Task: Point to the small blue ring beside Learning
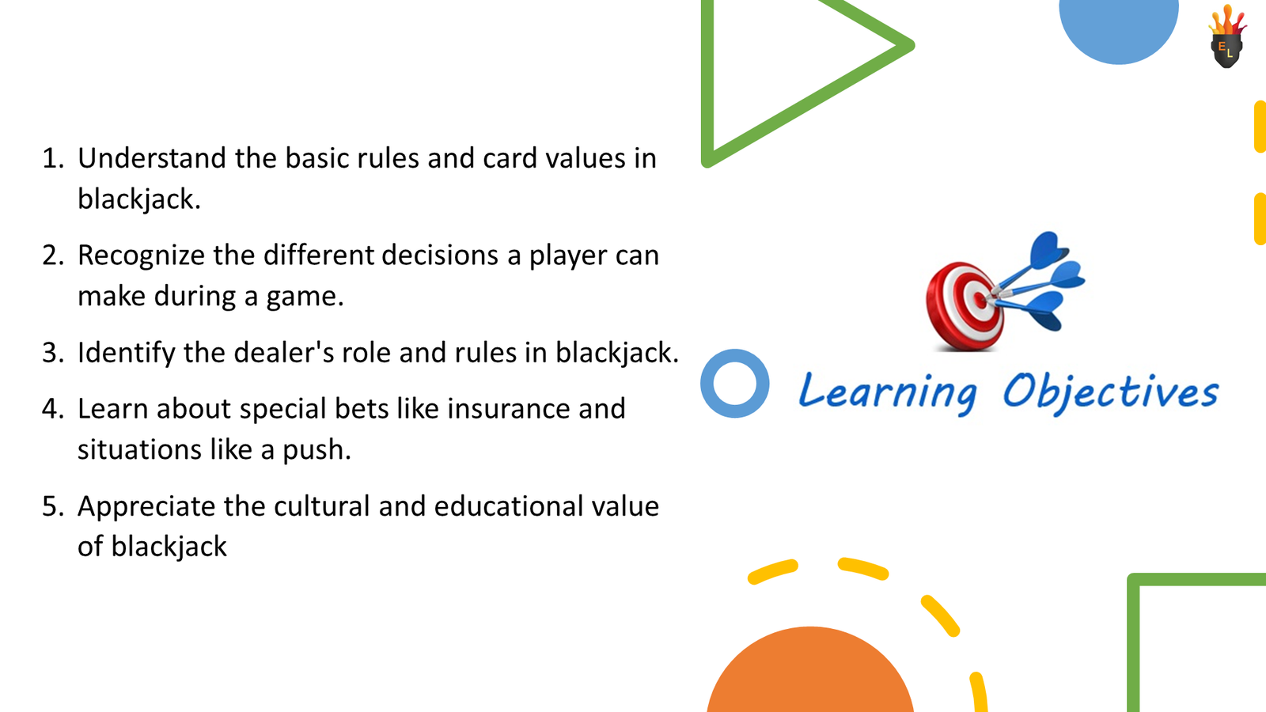click(735, 384)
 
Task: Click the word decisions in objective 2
click(439, 256)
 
